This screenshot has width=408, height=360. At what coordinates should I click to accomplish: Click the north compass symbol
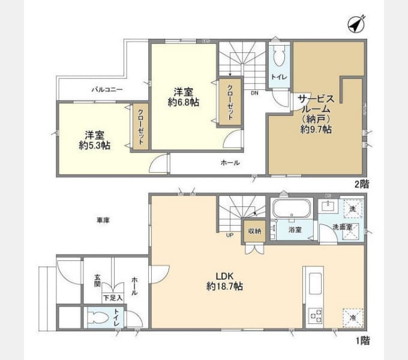(356, 25)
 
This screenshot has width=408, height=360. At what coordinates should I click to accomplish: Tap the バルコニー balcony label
(107, 89)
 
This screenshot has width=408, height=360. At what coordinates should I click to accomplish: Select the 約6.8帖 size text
(184, 102)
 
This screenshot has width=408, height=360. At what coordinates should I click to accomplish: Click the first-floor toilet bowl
(98, 317)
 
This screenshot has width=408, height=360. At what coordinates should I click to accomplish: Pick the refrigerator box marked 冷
(352, 317)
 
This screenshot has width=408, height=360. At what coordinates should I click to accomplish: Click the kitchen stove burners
(315, 316)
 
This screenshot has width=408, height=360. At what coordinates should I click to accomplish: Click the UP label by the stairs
(230, 235)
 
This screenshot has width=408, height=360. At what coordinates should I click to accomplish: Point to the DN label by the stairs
(254, 93)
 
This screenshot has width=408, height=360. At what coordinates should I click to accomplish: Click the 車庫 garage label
(103, 220)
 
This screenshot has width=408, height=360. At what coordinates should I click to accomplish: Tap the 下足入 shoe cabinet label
(112, 297)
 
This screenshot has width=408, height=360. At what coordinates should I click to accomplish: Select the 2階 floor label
(361, 184)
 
